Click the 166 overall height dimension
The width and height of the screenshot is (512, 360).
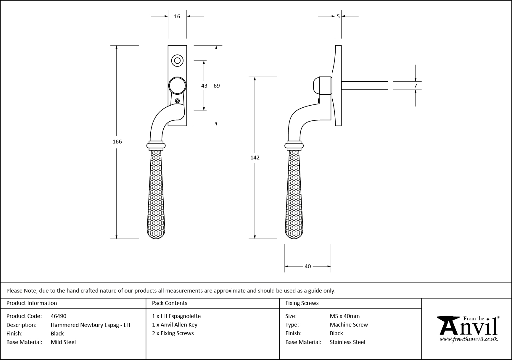coord(117,142)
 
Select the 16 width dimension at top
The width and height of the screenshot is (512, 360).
coord(177,17)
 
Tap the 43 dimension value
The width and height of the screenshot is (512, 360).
coord(204,86)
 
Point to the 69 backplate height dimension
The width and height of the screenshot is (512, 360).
coord(217,86)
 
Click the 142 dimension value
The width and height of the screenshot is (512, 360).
coord(255,158)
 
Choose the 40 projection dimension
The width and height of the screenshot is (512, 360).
coord(308,267)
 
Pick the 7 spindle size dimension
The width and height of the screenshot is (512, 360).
coord(416,86)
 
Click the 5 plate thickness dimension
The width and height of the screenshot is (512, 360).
coord(338,17)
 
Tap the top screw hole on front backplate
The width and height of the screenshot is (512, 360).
coord(177,61)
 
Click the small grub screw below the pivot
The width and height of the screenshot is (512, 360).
coord(177,101)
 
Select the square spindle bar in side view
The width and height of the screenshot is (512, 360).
coord(365,85)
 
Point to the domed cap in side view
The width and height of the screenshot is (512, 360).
coord(316,85)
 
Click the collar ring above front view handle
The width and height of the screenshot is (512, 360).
coord(156,145)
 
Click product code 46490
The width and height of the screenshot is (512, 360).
coord(59,316)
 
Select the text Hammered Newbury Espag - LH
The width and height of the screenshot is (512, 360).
coord(90,325)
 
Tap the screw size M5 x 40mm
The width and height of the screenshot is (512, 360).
coord(345,316)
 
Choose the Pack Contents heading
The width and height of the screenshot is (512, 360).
coord(170,303)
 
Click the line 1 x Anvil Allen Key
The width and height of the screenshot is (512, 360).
coord(175,325)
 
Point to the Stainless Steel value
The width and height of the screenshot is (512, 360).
coord(347,342)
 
